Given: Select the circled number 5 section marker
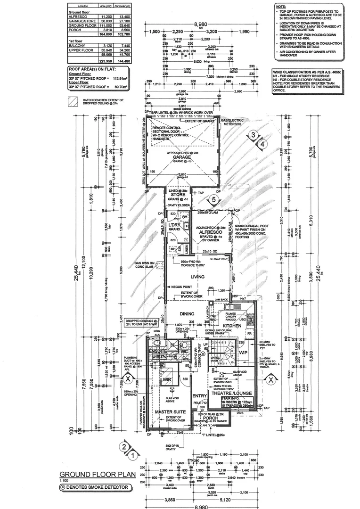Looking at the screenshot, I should click(214, 200).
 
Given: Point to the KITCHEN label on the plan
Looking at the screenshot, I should click(232, 326).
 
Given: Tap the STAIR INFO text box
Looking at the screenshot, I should click(239, 403).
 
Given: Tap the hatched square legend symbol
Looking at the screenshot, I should click(73, 101).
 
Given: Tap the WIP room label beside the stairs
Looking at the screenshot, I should click(244, 352).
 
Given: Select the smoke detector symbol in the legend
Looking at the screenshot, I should click(62, 486).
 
